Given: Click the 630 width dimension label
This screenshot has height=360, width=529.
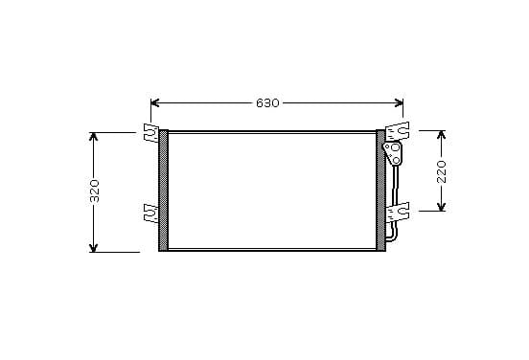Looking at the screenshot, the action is point(267,102).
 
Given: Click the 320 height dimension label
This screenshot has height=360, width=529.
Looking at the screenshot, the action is point(95,191).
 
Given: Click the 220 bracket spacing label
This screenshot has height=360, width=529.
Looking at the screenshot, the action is point(442,172).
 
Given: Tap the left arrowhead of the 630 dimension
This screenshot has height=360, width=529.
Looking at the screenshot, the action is point(154,102).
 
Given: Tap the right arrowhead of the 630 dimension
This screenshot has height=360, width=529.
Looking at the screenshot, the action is point(399,102).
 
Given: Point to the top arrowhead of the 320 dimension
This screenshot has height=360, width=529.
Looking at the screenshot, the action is point(94,136).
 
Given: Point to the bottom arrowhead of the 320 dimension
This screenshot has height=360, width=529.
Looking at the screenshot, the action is point(94,248).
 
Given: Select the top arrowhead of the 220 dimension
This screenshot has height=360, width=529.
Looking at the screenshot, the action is point(442,135).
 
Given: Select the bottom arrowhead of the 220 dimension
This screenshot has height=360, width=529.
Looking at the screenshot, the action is point(442,207).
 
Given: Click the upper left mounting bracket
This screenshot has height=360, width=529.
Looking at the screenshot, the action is point(151,132).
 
